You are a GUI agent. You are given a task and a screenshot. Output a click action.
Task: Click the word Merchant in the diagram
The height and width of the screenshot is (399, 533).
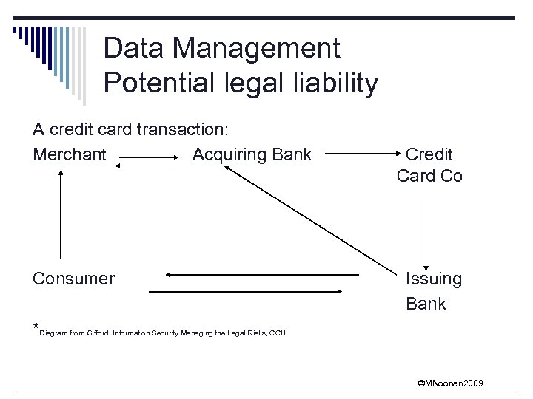coord(70,154)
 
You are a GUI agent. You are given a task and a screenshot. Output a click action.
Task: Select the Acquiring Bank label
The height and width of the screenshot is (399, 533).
coord(252,154)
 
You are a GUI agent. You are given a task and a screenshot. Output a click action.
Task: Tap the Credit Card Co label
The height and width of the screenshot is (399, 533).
coord(429,165)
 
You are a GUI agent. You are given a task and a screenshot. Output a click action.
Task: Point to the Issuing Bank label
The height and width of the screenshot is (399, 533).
coord(433,291)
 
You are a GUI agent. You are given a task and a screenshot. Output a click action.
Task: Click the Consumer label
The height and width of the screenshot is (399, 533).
coord(73,279)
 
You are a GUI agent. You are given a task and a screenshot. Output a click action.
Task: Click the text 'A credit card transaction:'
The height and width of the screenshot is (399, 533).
coord(130,129)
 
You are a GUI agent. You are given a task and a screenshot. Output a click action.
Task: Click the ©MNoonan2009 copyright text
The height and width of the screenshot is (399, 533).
coord(450,383)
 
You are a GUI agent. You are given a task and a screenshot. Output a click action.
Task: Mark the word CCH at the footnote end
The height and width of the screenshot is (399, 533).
coord(278,333)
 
